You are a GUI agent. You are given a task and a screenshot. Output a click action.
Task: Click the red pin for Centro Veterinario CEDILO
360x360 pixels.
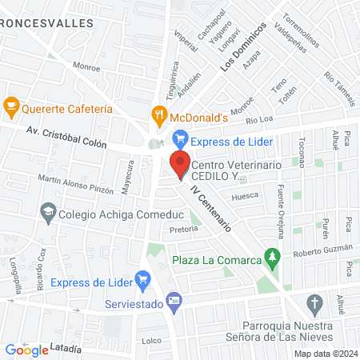tap(179, 162)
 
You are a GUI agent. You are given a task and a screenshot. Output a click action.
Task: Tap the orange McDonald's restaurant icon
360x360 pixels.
tap(160, 114)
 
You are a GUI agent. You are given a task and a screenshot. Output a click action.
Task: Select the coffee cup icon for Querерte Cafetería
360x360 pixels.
tap(11, 105)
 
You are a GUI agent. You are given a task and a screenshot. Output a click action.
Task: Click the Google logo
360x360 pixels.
tap(26, 350)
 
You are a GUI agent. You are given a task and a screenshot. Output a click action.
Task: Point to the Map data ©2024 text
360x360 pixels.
tap(324, 354)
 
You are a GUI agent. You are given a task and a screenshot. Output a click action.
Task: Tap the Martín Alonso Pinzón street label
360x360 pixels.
tap(75, 185)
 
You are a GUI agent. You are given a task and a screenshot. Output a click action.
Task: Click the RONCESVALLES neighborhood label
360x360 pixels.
tap(46, 24)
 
